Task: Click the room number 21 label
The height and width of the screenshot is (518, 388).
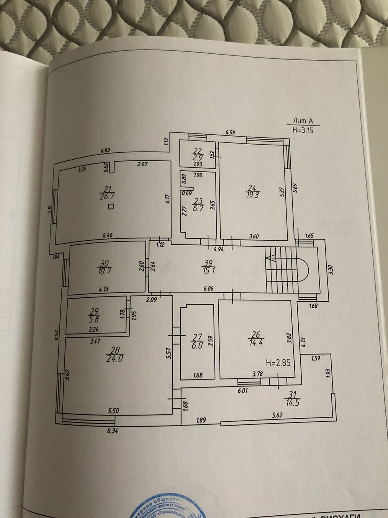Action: [108, 188]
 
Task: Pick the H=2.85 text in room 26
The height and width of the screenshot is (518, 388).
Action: [278, 362]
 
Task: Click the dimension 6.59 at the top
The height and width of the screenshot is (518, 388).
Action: [230, 132]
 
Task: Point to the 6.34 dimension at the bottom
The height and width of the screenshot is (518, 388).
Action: [112, 431]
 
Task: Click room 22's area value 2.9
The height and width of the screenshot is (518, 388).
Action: [197, 157]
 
